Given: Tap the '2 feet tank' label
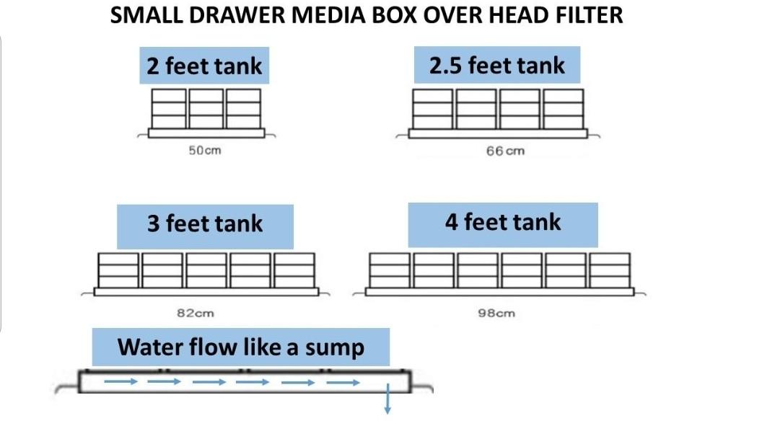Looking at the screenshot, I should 204,66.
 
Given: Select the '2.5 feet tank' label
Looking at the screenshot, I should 497,66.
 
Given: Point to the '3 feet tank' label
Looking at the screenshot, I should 205,223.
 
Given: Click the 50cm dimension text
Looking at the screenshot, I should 205,151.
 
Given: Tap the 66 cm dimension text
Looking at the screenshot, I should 505,151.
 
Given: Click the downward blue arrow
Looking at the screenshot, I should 387,399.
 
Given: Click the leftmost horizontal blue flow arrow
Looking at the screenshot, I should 121,381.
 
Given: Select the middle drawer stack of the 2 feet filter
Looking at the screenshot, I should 206,109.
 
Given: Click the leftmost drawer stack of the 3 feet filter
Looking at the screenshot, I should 118,270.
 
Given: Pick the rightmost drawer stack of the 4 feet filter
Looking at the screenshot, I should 610,270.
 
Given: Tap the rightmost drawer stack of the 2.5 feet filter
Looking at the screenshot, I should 563,109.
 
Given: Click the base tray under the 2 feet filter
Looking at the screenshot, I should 206,133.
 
